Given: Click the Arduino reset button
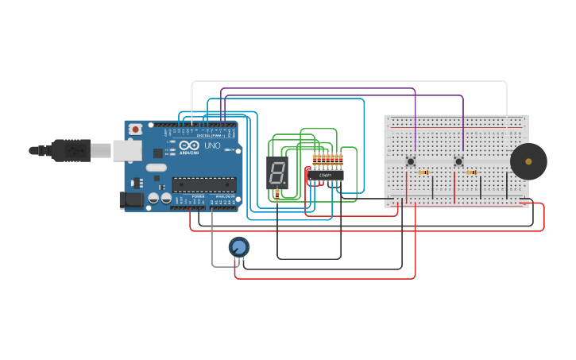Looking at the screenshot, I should click(x=136, y=129).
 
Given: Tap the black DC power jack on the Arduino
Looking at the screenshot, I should click(x=130, y=200).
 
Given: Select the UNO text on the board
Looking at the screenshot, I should click(x=212, y=146).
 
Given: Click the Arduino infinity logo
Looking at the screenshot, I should click(x=189, y=146).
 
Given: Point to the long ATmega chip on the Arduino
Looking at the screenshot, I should click(x=204, y=184).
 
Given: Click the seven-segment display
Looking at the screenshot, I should click(x=276, y=172).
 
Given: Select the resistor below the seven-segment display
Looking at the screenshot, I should click(x=276, y=193).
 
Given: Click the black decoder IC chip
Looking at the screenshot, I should click(x=327, y=175).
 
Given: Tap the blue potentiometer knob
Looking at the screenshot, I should click(x=238, y=247).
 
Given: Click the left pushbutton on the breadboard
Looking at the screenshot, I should click(x=411, y=161).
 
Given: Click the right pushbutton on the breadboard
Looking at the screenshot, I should click(x=458, y=161).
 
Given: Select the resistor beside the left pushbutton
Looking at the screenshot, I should click(x=423, y=172).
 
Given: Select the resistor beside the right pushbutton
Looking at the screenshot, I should click(x=471, y=172).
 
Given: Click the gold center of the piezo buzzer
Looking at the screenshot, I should click(x=528, y=161).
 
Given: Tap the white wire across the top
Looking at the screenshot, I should click(x=350, y=81).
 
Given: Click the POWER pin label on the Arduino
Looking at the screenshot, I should click(x=198, y=196).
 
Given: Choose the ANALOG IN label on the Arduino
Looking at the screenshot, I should click(x=225, y=196).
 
